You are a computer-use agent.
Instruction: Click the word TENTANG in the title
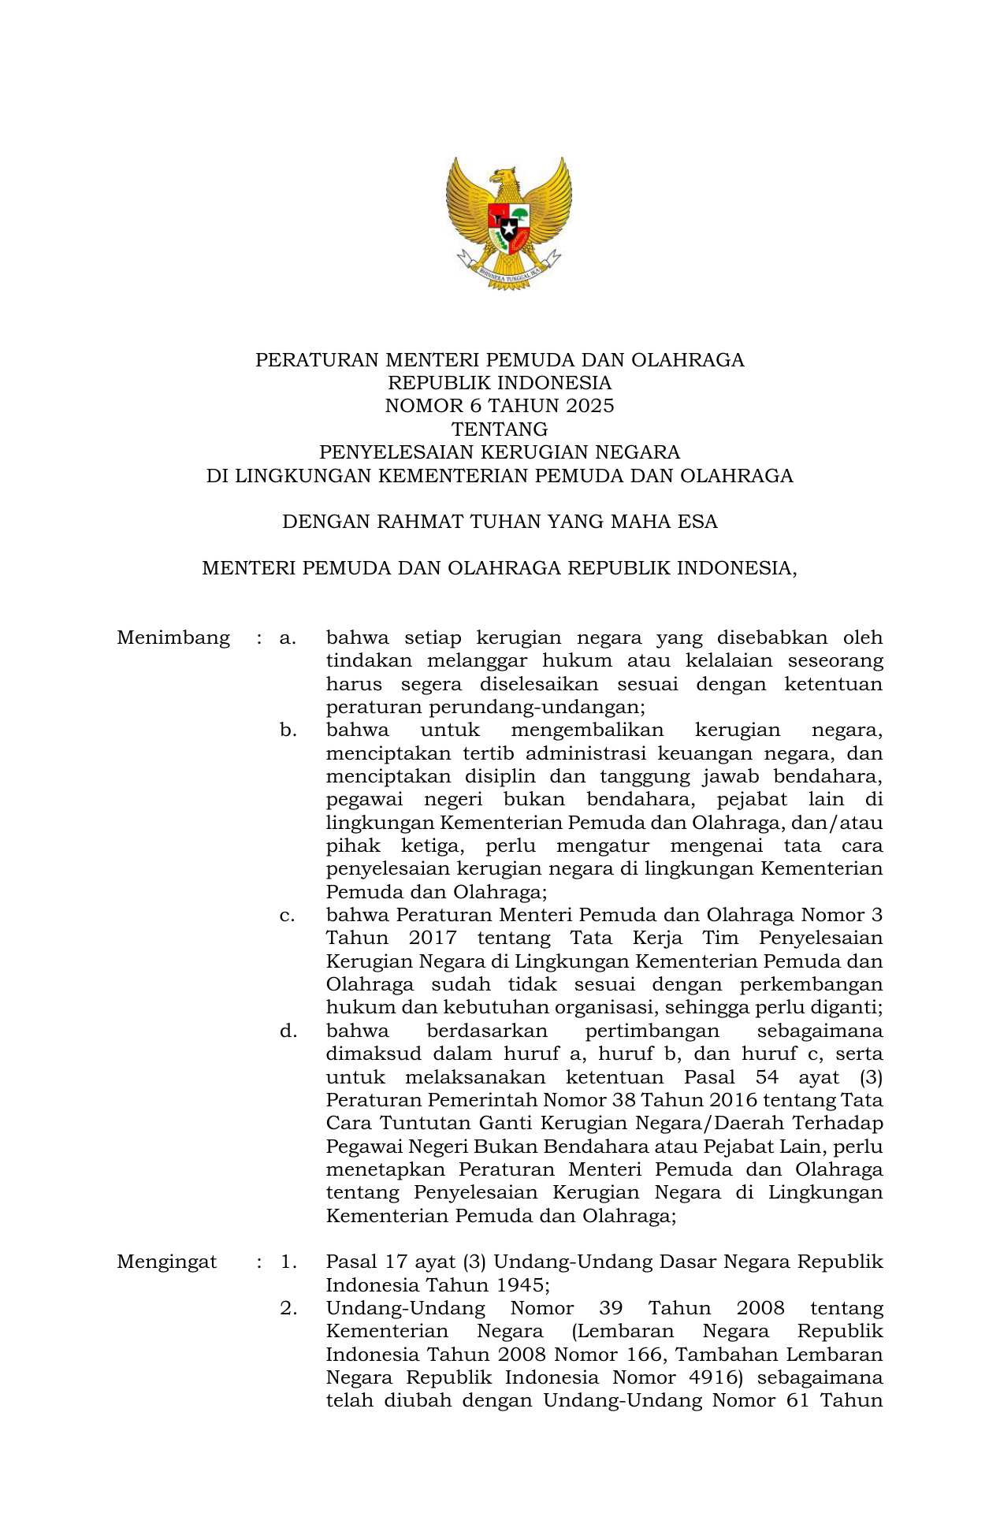point(500,429)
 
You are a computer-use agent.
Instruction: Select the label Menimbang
point(173,637)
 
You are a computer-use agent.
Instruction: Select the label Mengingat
point(166,1262)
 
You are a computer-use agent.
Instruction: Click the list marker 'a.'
point(288,637)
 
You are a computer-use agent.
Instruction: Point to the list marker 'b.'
point(288,730)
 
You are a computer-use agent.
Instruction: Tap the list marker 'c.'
point(288,916)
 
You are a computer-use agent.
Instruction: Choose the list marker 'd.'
point(288,1031)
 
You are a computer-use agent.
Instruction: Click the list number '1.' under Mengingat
point(288,1262)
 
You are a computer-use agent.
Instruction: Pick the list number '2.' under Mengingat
point(288,1308)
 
